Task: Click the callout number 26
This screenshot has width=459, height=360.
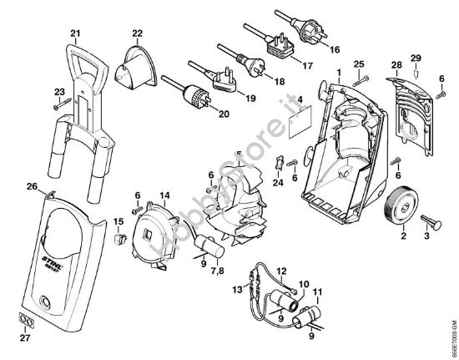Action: pyautogui.click(x=32, y=186)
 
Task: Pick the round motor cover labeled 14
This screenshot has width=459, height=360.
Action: pyautogui.click(x=158, y=231)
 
